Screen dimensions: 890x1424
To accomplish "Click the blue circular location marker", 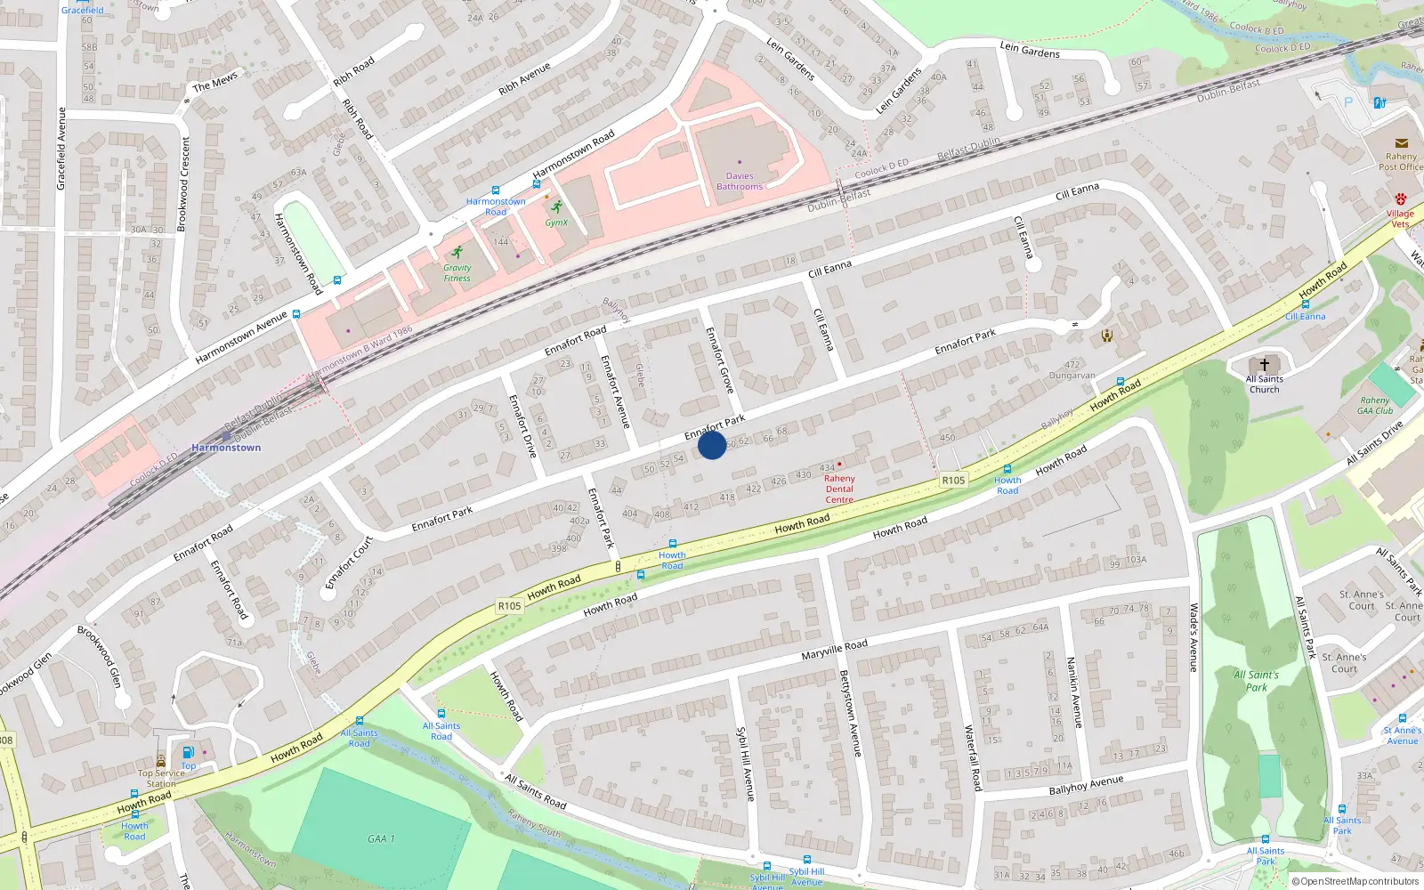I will [x=711, y=445].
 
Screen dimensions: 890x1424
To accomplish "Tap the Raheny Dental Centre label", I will [x=839, y=489].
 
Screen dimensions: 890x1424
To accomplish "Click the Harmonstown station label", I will [x=226, y=448].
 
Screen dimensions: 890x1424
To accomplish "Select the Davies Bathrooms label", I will [x=740, y=182].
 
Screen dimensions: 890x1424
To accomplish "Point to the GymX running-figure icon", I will [x=556, y=206].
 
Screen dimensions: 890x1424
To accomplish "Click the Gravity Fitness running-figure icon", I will [x=457, y=252].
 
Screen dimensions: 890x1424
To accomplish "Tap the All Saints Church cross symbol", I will [x=1264, y=365].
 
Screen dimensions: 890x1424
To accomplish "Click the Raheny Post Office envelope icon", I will [x=1401, y=143].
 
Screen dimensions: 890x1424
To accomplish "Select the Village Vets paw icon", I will [x=1400, y=199].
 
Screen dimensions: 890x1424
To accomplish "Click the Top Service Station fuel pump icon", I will [x=188, y=752].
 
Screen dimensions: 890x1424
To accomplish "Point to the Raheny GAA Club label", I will [x=1375, y=406].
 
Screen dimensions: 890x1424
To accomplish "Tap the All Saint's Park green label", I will [x=1256, y=681].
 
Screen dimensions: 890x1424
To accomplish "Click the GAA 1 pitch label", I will [x=381, y=838].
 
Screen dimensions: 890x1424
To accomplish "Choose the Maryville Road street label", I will [x=834, y=650].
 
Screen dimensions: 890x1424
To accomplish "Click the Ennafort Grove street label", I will [x=719, y=360].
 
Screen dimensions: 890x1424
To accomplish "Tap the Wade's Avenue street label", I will [x=1194, y=637].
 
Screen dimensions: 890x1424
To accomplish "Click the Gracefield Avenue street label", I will [x=61, y=149].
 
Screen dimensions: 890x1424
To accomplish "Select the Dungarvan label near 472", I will [x=1072, y=376].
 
